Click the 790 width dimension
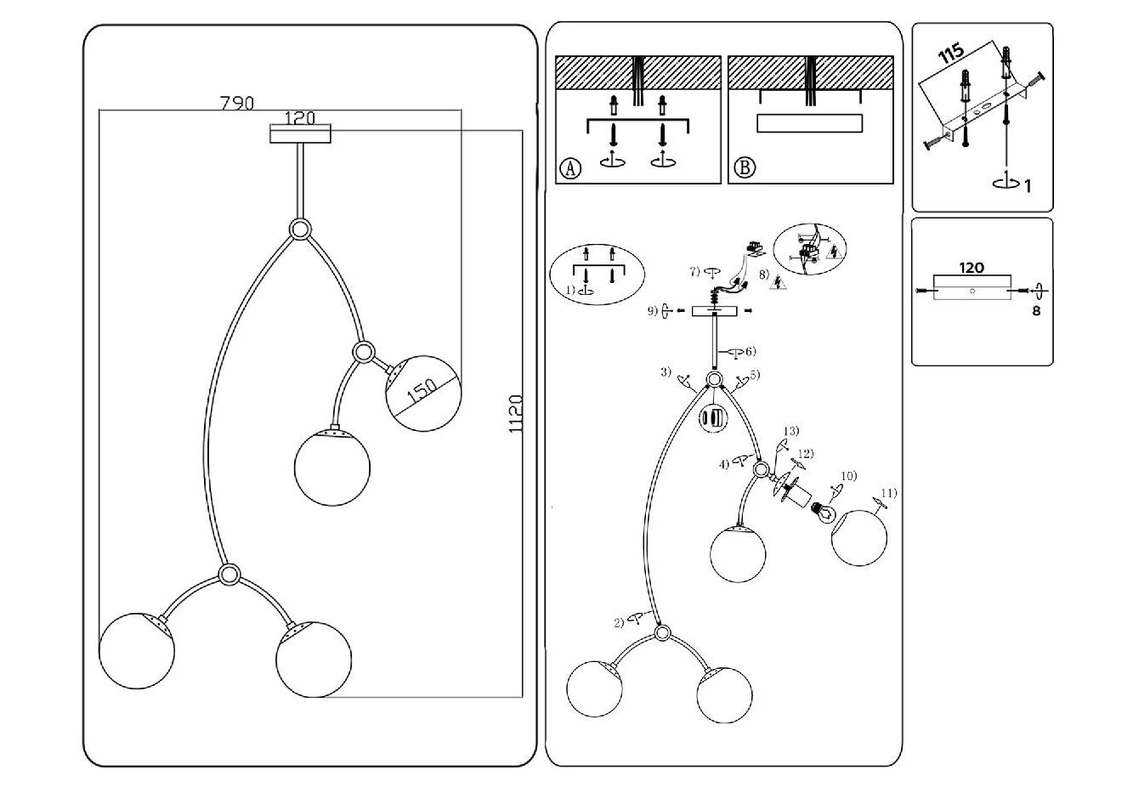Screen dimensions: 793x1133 (237, 103)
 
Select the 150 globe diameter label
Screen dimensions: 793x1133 (422, 391)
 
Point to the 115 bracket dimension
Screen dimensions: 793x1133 (952, 54)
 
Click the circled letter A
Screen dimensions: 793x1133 (569, 167)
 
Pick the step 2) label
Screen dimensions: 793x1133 (620, 622)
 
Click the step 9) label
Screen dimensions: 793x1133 (653, 311)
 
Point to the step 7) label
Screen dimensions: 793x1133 (694, 271)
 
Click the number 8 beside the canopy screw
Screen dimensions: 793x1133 (1036, 311)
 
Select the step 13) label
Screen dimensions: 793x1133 (791, 432)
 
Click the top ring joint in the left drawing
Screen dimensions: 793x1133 (299, 229)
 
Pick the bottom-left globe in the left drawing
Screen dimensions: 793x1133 (137, 649)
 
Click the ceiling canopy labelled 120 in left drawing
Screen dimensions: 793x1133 (299, 134)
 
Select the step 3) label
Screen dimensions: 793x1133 (666, 372)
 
